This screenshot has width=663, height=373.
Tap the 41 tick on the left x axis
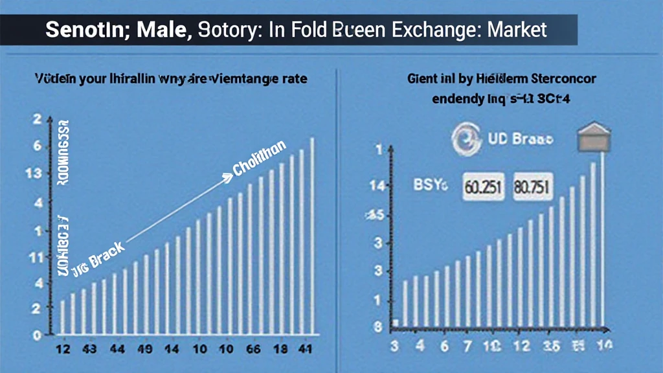point(303,349)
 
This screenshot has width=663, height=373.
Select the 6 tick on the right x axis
point(444,346)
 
